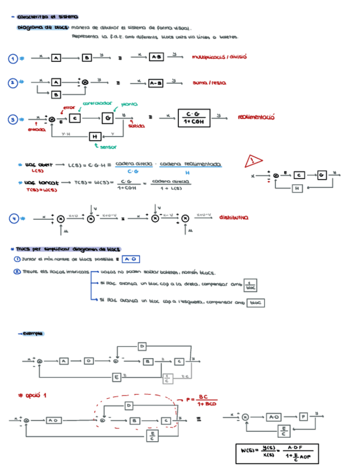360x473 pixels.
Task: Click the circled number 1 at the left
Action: [x=13, y=58]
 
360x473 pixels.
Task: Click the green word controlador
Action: [x=98, y=104]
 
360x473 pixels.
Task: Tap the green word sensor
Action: [x=107, y=147]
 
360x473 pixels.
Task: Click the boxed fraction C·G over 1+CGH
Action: [x=193, y=118]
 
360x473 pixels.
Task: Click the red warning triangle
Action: [x=254, y=162]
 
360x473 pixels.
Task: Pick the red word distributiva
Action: [x=233, y=218]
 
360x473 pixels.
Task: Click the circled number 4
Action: [x=13, y=219]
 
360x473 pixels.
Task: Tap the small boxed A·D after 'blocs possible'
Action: [x=130, y=259]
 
